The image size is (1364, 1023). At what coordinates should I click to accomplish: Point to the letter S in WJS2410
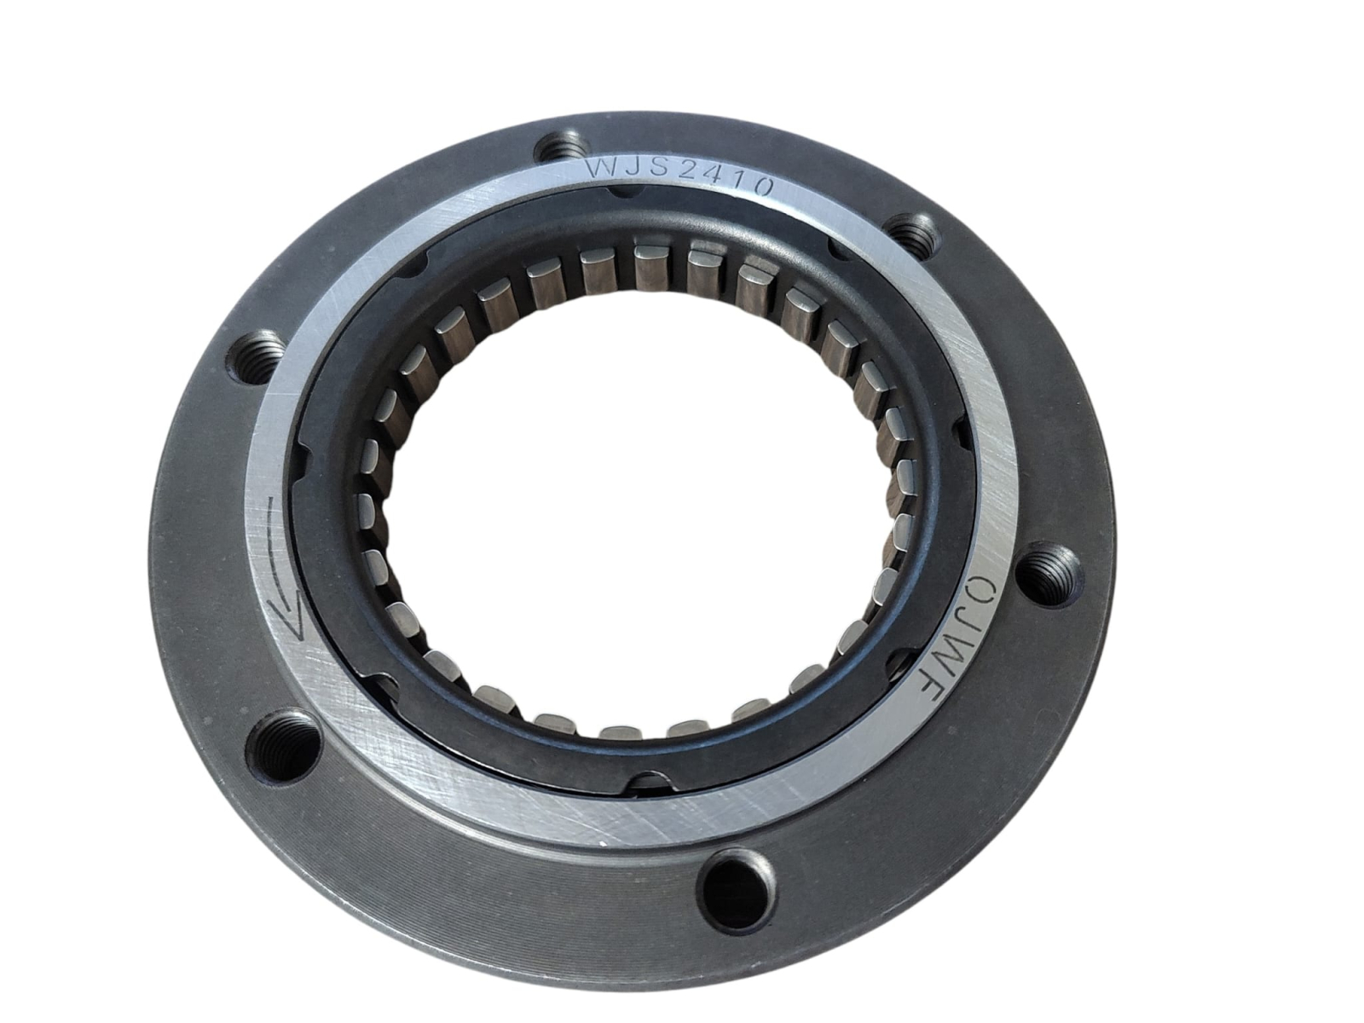[659, 170]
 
